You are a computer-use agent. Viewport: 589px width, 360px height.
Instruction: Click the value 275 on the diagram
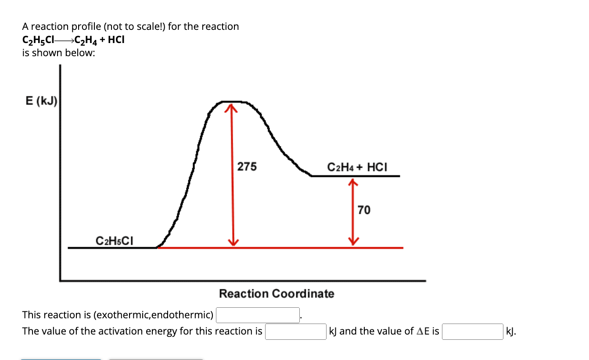click(247, 167)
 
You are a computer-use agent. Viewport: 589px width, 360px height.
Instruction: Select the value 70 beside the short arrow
click(364, 210)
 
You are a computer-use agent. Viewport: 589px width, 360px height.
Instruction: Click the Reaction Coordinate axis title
click(277, 294)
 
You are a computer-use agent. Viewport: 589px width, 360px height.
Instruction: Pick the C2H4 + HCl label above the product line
click(357, 167)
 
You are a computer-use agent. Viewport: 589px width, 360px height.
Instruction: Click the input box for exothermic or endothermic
click(258, 315)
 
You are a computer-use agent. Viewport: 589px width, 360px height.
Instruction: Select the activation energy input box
click(295, 331)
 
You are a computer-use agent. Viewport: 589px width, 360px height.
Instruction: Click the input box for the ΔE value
click(473, 331)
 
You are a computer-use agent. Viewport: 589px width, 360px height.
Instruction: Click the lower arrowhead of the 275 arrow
click(233, 243)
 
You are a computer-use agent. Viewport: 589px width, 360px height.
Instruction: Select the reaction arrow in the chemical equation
click(64, 40)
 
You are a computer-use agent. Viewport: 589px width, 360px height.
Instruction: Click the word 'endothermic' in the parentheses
click(188, 315)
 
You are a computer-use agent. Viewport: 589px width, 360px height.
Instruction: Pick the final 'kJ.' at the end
click(511, 331)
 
